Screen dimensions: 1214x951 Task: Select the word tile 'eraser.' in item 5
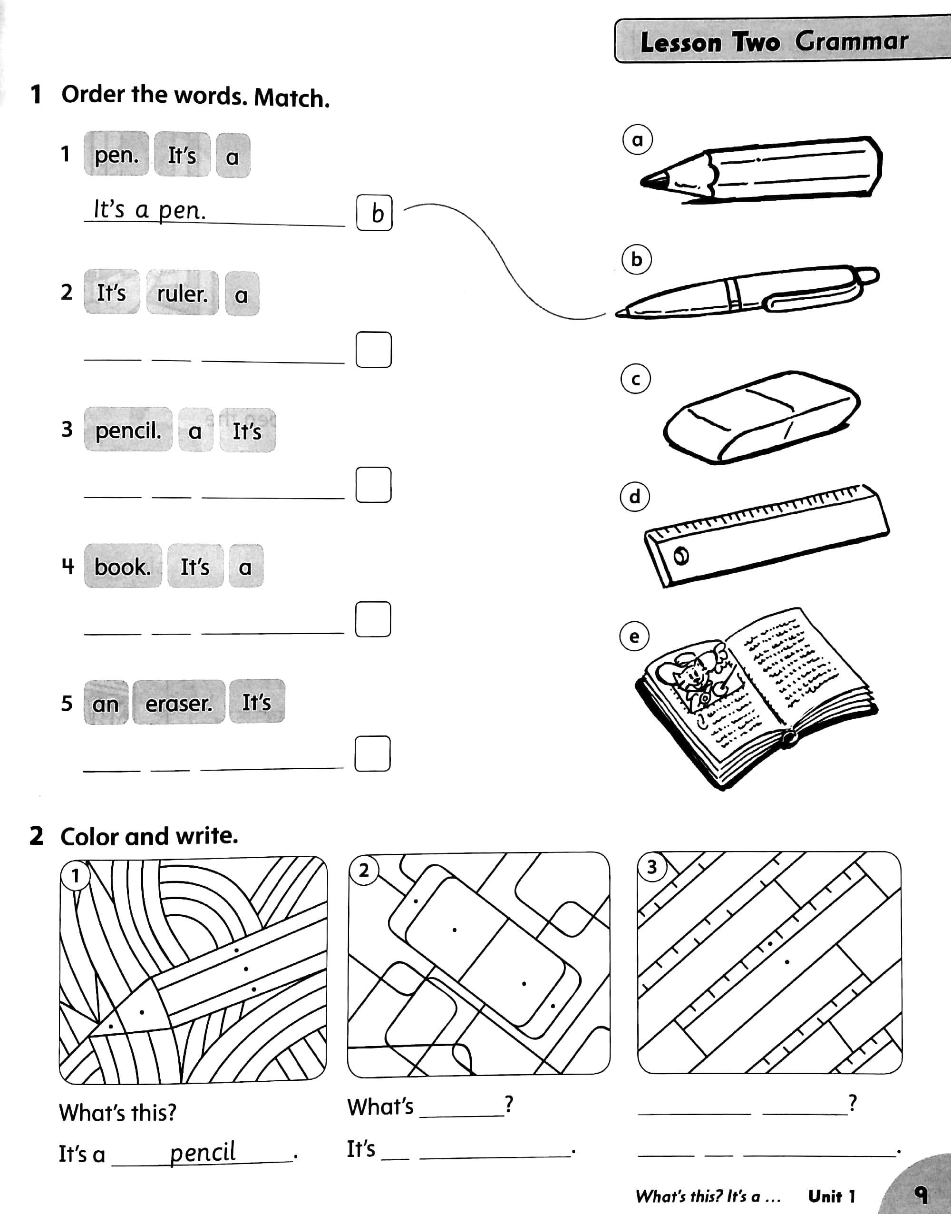point(179,703)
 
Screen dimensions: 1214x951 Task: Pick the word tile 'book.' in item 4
point(123,567)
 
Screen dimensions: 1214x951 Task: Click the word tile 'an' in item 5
point(105,704)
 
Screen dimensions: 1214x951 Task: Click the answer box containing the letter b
point(374,213)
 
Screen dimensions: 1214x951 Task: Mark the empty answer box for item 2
point(374,350)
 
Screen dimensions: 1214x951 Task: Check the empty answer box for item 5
point(372,754)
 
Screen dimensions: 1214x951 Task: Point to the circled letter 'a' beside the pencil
point(637,140)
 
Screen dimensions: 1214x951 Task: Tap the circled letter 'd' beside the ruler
point(635,496)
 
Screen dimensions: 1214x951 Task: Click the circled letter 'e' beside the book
point(634,636)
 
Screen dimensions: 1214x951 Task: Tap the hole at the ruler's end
point(681,556)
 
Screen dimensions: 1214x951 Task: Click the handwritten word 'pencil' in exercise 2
point(202,1152)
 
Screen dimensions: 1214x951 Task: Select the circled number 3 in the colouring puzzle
point(652,867)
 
